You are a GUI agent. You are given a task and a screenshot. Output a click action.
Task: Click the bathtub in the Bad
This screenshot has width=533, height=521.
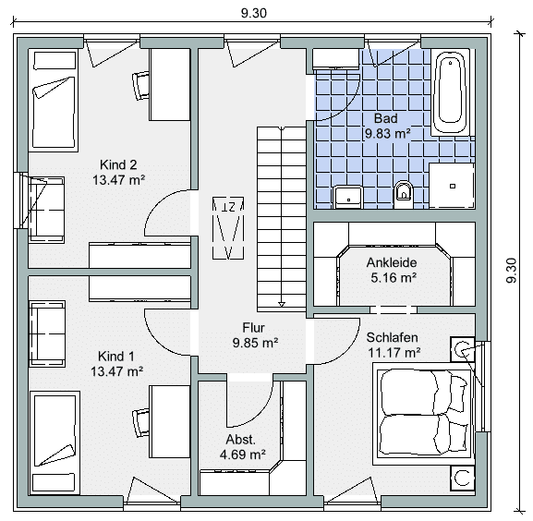pyautogui.click(x=451, y=92)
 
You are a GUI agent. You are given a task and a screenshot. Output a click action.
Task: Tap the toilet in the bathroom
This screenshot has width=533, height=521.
pyautogui.click(x=403, y=194)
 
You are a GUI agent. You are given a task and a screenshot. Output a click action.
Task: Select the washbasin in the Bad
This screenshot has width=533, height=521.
pyautogui.click(x=348, y=197)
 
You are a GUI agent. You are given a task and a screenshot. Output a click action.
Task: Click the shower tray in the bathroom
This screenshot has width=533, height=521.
pyautogui.click(x=452, y=186)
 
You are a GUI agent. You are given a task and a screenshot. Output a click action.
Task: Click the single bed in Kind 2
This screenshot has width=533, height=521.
pyautogui.click(x=54, y=101)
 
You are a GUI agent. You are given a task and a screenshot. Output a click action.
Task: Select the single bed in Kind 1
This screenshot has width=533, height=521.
pyautogui.click(x=55, y=442)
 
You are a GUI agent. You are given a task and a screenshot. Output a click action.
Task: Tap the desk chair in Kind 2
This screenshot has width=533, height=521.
pyautogui.click(x=140, y=85)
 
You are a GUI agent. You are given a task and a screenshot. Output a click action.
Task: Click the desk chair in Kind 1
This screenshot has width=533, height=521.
pyautogui.click(x=140, y=422)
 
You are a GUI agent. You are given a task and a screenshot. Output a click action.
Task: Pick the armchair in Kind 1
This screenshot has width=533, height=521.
pyautogui.click(x=47, y=333)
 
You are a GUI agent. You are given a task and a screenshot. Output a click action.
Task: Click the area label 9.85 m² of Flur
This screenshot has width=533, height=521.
pyautogui.click(x=255, y=343)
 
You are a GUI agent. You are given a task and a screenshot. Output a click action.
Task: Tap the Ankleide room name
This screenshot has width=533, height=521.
pyautogui.click(x=392, y=262)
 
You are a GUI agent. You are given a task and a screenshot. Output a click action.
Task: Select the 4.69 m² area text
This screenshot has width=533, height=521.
pyautogui.click(x=242, y=454)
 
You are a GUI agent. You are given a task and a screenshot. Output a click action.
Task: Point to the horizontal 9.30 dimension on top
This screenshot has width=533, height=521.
pyautogui.click(x=254, y=13)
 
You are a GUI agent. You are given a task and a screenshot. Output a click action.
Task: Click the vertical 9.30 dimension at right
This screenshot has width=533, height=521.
pyautogui.click(x=511, y=270)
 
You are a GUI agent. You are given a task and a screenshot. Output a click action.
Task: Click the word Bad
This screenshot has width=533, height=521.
pyautogui.click(x=386, y=118)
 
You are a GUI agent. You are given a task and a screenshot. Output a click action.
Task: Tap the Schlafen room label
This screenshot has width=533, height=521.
pyautogui.click(x=392, y=337)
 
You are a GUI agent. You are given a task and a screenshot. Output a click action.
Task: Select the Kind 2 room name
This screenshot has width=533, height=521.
pyautogui.click(x=118, y=164)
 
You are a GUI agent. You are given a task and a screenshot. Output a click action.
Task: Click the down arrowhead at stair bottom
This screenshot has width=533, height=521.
pyautogui.click(x=282, y=305)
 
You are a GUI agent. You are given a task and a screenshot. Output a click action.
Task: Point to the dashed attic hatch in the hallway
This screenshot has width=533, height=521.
pyautogui.click(x=228, y=227)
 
